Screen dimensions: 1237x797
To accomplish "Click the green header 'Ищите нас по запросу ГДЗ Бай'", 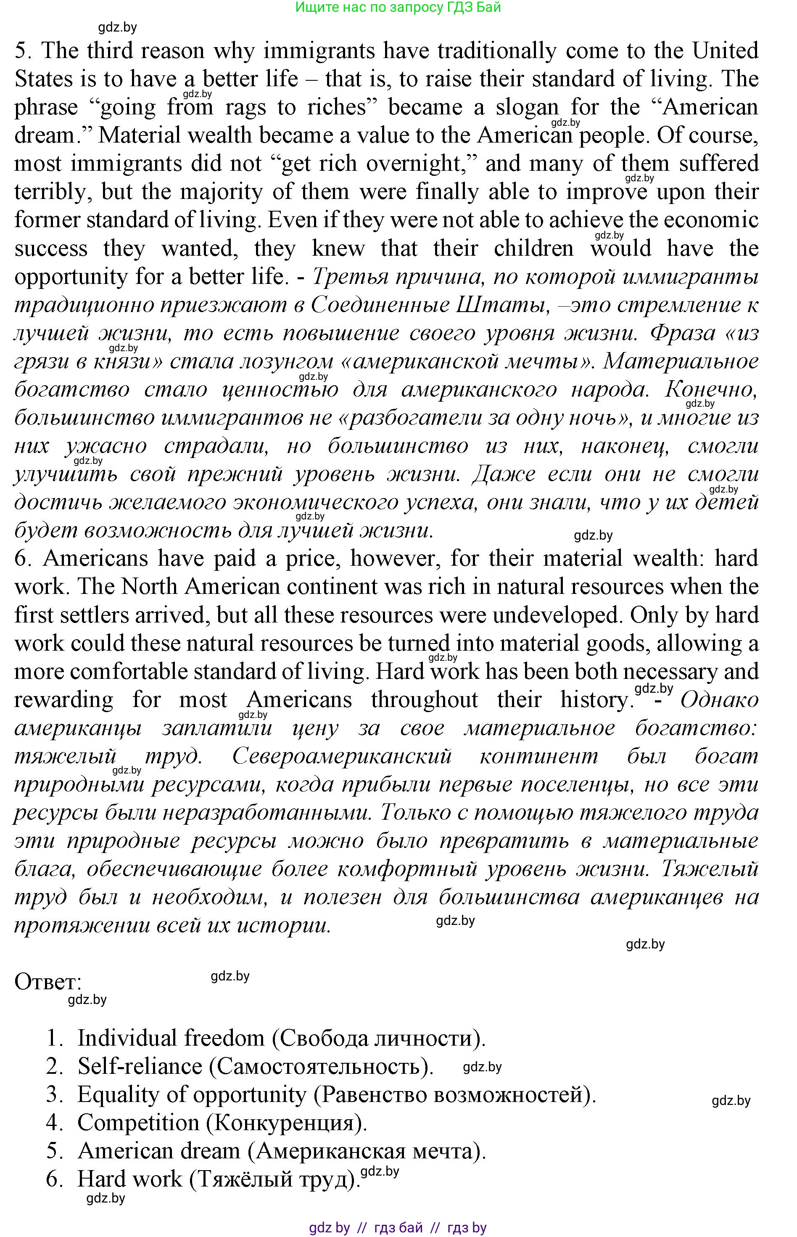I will pos(398,7).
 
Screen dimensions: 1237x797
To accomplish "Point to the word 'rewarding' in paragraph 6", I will pos(63,700).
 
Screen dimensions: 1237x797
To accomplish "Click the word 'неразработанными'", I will pos(267,813).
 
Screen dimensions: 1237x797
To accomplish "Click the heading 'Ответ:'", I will pos(48,982).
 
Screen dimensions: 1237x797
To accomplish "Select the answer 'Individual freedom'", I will pos(171,1038).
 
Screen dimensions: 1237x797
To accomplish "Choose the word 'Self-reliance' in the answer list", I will pos(140,1066).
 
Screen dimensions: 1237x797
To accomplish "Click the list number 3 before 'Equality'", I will pos(54,1094).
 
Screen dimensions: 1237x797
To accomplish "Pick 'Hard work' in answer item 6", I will pos(129,1179).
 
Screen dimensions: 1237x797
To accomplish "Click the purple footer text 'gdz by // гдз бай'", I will pos(365,1228).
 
